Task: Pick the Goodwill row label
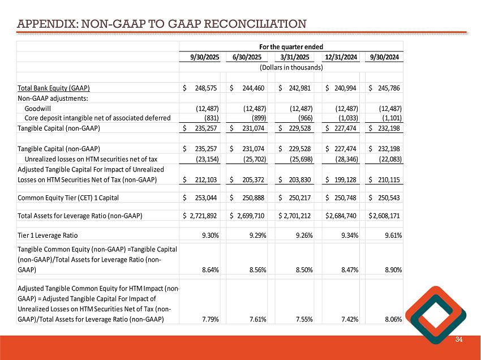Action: tap(37, 108)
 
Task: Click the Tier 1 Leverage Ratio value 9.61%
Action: tap(391, 235)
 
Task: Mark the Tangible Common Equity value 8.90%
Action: tap(392, 271)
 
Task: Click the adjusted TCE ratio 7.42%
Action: tap(345, 319)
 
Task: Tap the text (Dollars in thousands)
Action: tap(291, 67)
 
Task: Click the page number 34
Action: tap(459, 339)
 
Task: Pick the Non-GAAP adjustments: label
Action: tap(50, 98)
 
